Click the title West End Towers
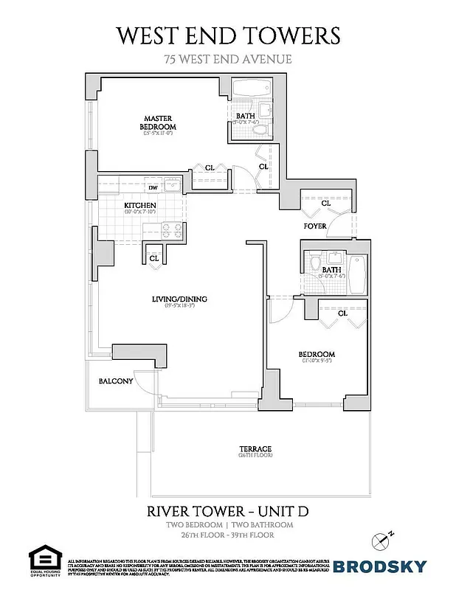tap(228, 35)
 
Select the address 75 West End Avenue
tap(228, 60)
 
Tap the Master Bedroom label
tap(159, 122)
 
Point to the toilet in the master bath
tap(260, 130)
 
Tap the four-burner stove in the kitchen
tap(171, 230)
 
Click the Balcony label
tap(116, 381)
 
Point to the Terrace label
tap(255, 448)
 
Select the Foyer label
tap(315, 226)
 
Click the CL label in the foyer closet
tap(325, 203)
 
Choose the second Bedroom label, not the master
tap(317, 354)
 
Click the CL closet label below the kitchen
tap(154, 259)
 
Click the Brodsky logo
tap(379, 566)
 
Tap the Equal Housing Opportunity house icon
tap(43, 558)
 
